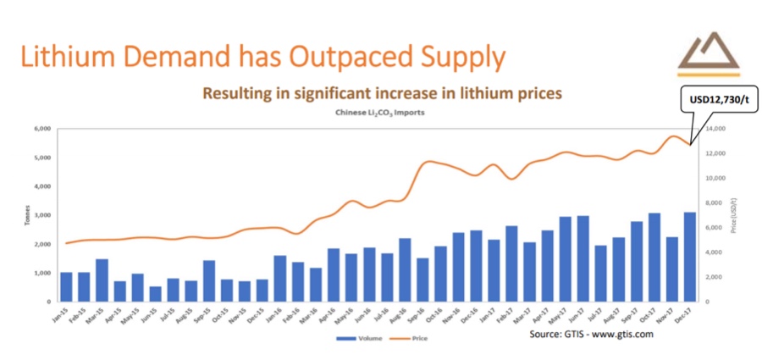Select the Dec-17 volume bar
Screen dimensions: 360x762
(689, 257)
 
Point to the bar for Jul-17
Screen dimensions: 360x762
(600, 274)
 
